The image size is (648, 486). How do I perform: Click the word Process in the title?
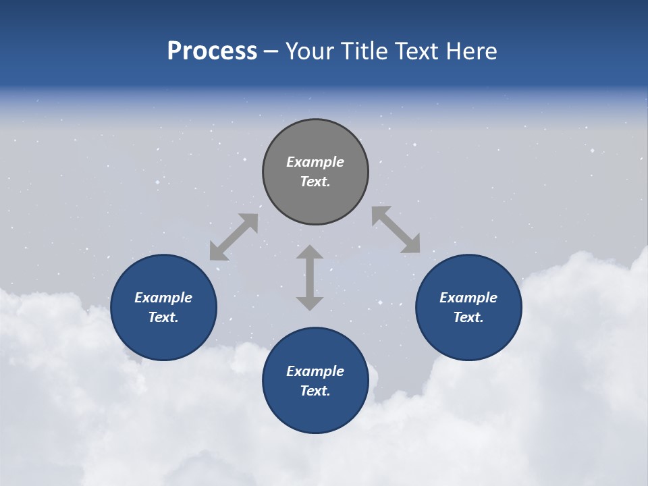212,51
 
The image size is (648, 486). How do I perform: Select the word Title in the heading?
365,51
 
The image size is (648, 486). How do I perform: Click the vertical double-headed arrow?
310,277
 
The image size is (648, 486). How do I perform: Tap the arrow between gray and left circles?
234,237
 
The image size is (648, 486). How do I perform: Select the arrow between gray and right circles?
396,230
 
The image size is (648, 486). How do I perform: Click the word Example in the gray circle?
315,162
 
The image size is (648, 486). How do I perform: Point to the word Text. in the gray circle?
315,182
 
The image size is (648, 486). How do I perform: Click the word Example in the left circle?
163,298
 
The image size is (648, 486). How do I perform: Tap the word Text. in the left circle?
163,317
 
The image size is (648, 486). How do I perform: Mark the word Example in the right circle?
468,298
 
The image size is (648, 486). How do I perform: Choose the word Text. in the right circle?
468,317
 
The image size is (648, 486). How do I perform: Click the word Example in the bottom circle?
315,371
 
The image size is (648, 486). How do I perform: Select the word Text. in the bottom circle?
315,391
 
